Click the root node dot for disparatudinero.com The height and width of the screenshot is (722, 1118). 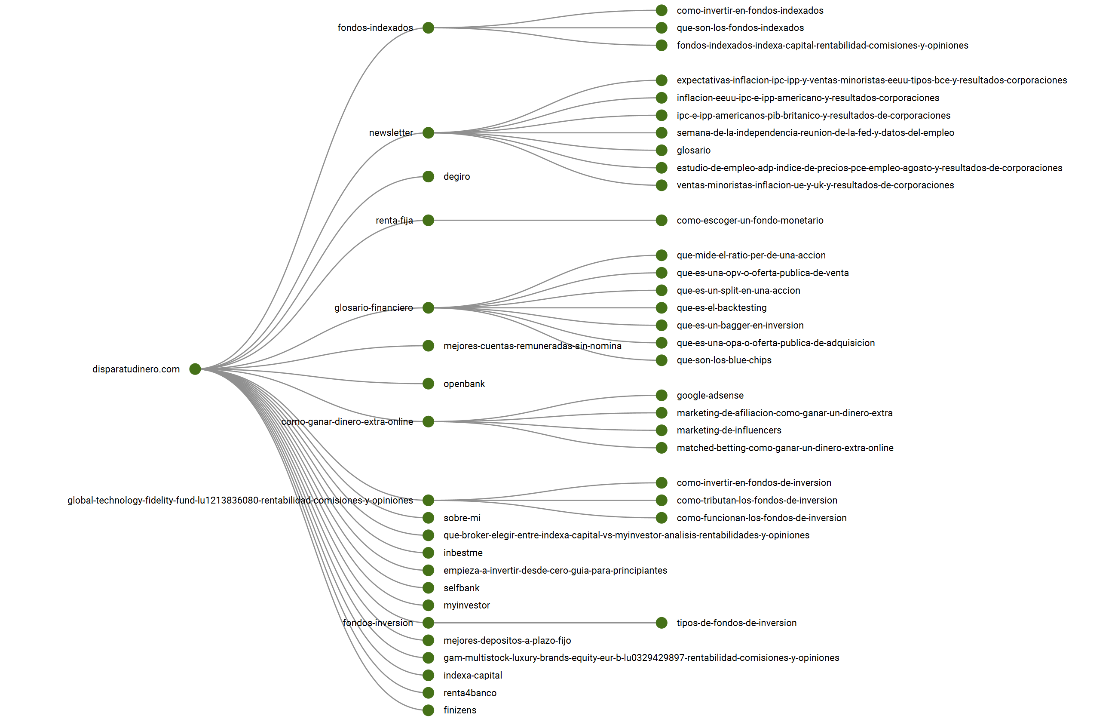(x=195, y=369)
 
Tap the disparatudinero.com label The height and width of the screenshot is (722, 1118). (x=136, y=369)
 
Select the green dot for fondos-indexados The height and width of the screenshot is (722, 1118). (x=428, y=28)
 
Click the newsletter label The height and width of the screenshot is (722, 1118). (x=390, y=133)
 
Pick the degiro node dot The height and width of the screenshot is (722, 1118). (x=428, y=177)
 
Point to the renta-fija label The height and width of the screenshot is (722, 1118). (x=394, y=220)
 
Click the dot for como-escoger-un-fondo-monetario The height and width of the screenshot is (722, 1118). (x=661, y=220)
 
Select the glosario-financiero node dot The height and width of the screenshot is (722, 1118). (x=428, y=307)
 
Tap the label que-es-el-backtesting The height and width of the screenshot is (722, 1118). (x=721, y=307)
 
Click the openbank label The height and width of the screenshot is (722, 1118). (x=464, y=384)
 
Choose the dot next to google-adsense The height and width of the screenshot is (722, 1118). (x=661, y=395)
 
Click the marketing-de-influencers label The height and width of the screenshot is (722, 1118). (x=729, y=430)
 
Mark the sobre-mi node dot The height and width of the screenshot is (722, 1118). (x=428, y=518)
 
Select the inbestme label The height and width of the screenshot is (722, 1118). (x=463, y=553)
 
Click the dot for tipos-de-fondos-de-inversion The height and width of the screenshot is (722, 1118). (x=661, y=623)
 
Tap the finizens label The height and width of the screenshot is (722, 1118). (x=459, y=710)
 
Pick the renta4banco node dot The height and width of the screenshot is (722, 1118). (x=428, y=692)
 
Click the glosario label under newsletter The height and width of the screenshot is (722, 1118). (x=693, y=150)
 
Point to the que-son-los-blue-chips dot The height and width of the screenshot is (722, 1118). (x=661, y=360)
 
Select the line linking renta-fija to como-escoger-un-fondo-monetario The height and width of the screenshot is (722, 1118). (x=544, y=220)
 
